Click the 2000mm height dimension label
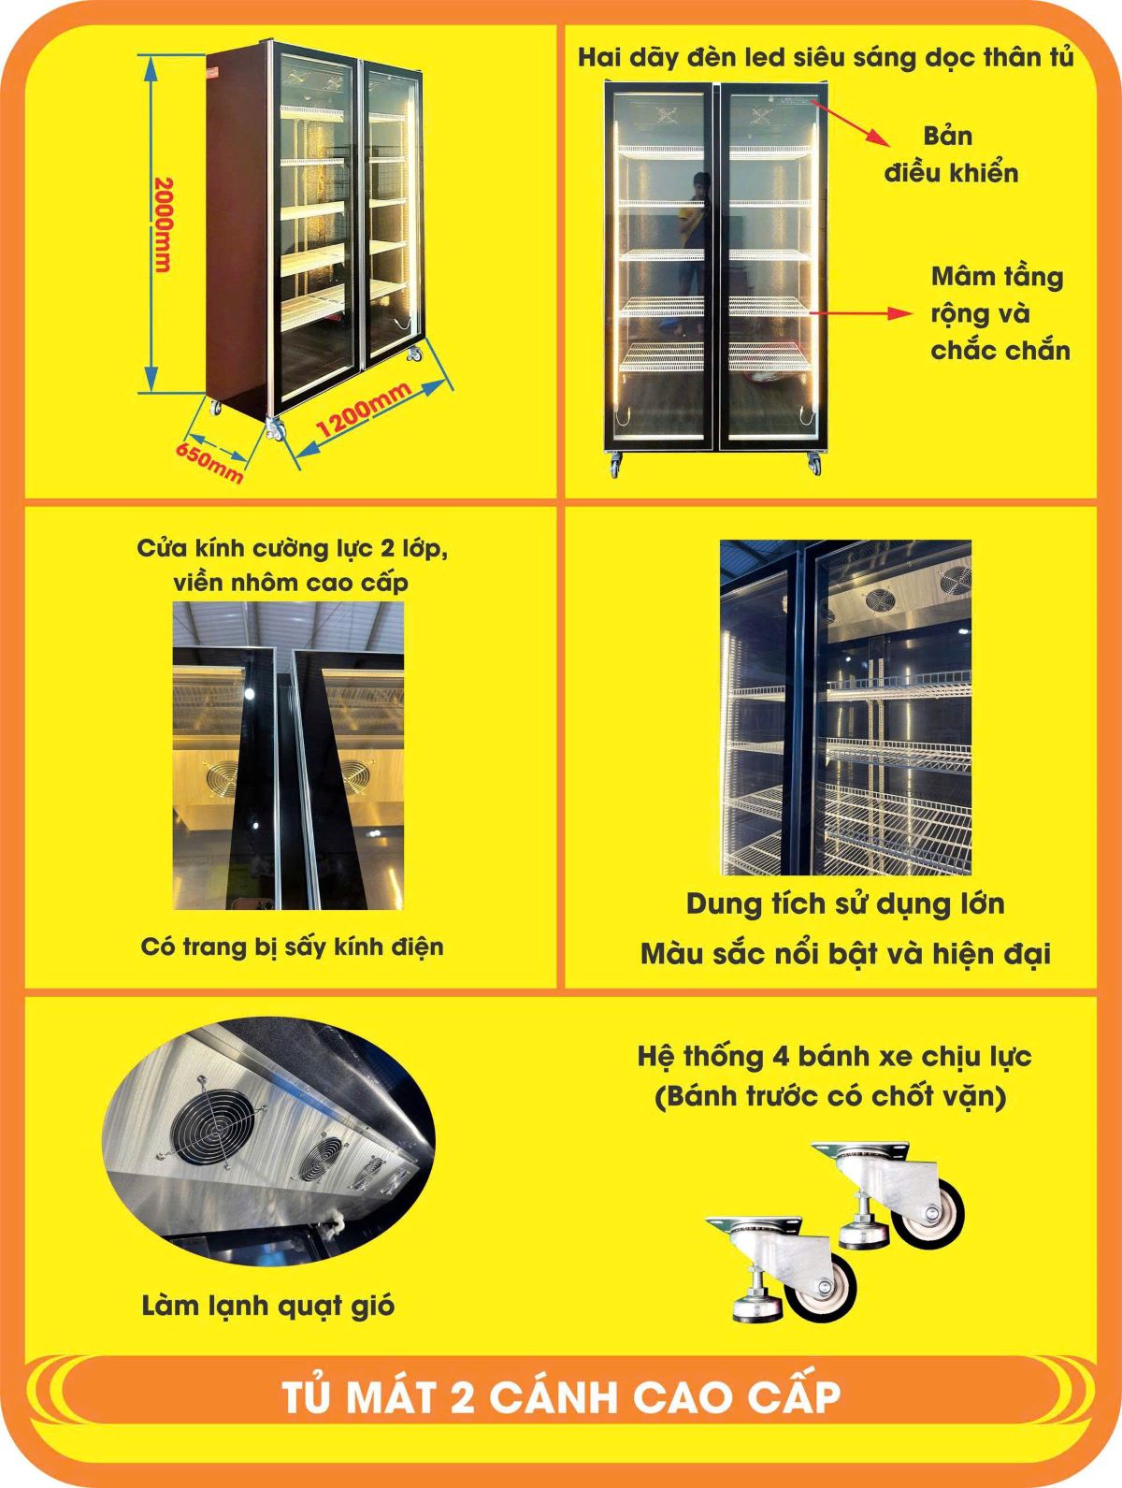point(164,224)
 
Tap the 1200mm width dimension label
point(364,410)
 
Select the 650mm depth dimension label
point(209,463)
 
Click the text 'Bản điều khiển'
point(951,154)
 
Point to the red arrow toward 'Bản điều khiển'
point(850,123)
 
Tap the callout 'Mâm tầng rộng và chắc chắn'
point(1000,313)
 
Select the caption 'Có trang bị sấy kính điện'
point(292,946)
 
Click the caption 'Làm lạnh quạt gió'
point(267,1306)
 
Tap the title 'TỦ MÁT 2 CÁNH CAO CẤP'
point(561,1398)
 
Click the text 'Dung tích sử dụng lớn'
point(845,904)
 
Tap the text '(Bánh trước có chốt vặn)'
point(830,1097)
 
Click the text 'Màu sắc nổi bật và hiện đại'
point(845,954)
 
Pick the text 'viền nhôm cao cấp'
point(292,583)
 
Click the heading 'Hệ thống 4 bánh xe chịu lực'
point(834,1057)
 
